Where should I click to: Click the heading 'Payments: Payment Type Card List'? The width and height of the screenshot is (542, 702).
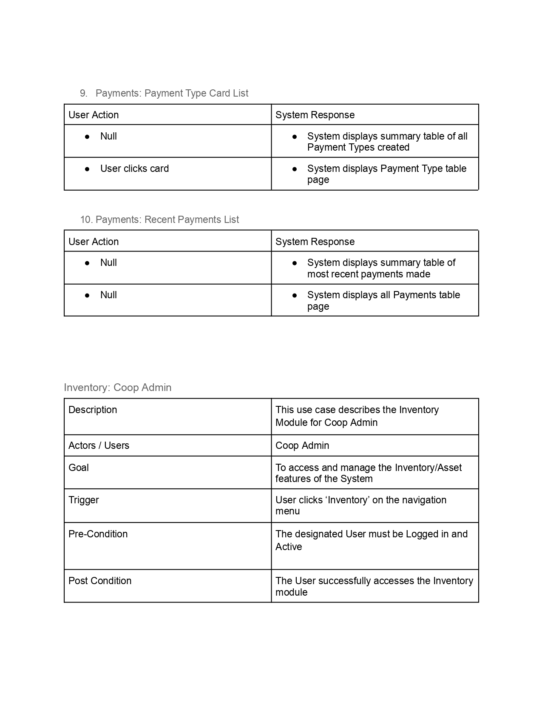pyautogui.click(x=172, y=93)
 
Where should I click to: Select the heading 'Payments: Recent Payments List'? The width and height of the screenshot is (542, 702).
pyautogui.click(x=167, y=220)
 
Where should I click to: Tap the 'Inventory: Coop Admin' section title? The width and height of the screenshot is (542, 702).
pyautogui.click(x=118, y=388)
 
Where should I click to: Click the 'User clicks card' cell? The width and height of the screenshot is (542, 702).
pyautogui.click(x=134, y=168)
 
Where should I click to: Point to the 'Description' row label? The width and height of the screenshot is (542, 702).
pyautogui.click(x=93, y=410)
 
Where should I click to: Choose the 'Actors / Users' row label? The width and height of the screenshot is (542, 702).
pyautogui.click(x=99, y=445)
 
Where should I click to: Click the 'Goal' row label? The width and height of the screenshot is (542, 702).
pyautogui.click(x=79, y=468)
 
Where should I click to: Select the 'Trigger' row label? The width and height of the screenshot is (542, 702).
pyautogui.click(x=84, y=500)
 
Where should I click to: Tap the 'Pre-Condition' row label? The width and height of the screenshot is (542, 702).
pyautogui.click(x=98, y=534)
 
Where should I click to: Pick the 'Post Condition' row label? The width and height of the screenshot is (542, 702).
pyautogui.click(x=100, y=581)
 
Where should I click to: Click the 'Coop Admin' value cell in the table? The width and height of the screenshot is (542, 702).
pyautogui.click(x=302, y=445)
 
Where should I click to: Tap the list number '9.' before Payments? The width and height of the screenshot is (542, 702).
pyautogui.click(x=84, y=93)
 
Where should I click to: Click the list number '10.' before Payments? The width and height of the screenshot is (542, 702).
pyautogui.click(x=86, y=220)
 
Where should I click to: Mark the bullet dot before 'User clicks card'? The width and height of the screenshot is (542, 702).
pyautogui.click(x=87, y=169)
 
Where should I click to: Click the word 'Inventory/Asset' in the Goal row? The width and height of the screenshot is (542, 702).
pyautogui.click(x=428, y=468)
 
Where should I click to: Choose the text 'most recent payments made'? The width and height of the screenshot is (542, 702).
pyautogui.click(x=369, y=274)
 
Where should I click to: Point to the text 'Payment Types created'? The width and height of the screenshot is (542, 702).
pyautogui.click(x=358, y=147)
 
